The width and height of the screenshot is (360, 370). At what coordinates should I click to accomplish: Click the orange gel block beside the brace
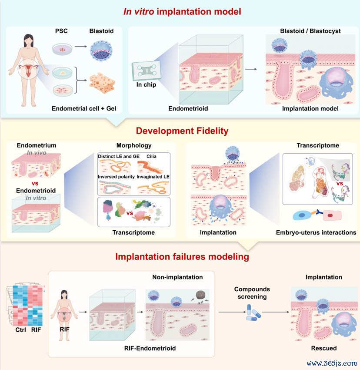tap(103, 82)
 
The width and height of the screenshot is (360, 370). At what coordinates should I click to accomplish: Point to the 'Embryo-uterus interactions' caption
tap(316, 232)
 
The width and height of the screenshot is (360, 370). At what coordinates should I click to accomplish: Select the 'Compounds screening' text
tap(252, 293)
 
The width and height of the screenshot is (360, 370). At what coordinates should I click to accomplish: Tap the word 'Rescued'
tap(323, 348)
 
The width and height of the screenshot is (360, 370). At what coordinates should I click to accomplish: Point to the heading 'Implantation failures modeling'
tap(182, 257)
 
